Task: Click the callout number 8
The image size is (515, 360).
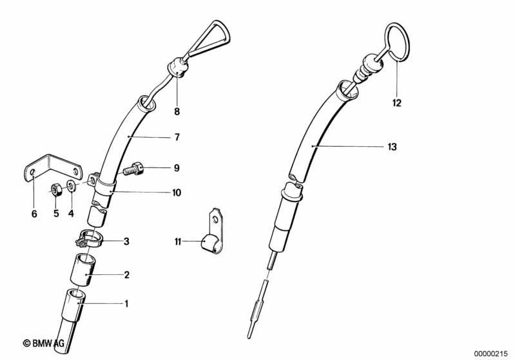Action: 177,111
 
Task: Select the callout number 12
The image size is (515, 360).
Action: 397,103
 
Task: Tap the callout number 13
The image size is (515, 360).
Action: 392,147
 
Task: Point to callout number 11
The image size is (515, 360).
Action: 178,242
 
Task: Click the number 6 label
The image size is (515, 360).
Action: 34,214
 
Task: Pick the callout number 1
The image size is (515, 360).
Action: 126,304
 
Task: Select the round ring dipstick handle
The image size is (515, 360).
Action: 397,42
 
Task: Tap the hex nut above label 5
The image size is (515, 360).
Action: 55,189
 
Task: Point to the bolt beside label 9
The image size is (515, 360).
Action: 133,169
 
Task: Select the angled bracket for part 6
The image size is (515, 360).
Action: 53,168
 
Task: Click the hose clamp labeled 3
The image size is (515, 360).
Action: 90,238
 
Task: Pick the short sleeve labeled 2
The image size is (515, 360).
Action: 82,270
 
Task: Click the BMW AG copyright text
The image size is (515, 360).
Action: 43,343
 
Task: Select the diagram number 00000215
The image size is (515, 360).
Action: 491,354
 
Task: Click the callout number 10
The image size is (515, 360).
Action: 177,193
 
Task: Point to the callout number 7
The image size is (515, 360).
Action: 177,137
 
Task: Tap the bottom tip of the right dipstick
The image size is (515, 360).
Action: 249,337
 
